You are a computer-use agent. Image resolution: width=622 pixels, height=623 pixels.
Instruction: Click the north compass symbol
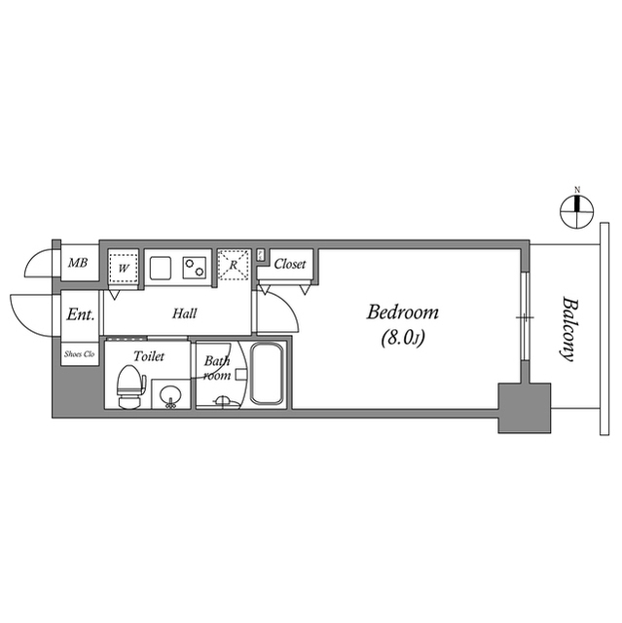(577, 206)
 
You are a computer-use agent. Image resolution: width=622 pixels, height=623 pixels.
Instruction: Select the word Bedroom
(402, 313)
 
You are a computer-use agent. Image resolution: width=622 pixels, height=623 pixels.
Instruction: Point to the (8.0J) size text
(401, 339)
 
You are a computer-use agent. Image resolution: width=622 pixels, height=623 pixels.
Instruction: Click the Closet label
(289, 264)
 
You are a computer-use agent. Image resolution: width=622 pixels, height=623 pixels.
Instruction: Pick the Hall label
(185, 313)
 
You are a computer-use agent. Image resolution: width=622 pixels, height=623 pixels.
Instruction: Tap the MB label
(78, 263)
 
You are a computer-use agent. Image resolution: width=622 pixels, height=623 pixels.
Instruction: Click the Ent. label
(80, 315)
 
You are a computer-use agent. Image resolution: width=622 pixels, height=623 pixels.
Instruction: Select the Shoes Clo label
(80, 354)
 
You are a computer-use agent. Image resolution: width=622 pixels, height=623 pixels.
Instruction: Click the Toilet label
(149, 356)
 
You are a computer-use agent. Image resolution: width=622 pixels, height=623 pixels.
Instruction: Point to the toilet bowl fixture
(127, 387)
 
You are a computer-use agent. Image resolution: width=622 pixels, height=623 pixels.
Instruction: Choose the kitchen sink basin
(160, 265)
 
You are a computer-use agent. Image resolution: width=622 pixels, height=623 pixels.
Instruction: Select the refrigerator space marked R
(233, 265)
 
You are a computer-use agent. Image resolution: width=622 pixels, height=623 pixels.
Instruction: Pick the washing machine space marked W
(124, 266)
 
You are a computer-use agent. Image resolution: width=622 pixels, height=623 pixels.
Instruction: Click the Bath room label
(216, 368)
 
